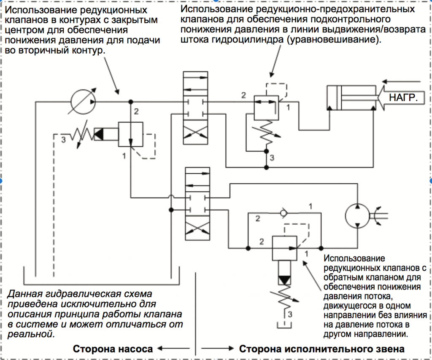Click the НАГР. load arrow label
pos(404,98)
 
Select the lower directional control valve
pos(197,204)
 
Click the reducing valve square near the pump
pos(131,134)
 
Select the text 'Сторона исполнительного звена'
pos(321,349)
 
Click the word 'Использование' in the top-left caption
pos(36,10)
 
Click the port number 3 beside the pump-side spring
pos(64,140)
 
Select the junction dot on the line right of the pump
pos(131,102)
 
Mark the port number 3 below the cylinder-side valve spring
pos(272,158)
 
